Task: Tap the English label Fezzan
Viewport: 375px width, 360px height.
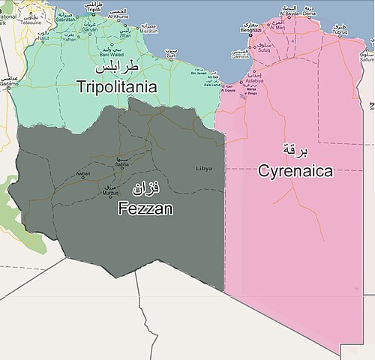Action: click(x=145, y=209)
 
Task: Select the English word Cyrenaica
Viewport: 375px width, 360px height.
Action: click(x=295, y=171)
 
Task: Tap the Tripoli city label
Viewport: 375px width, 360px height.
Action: click(x=93, y=10)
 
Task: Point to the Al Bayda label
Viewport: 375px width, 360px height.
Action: click(x=289, y=13)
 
